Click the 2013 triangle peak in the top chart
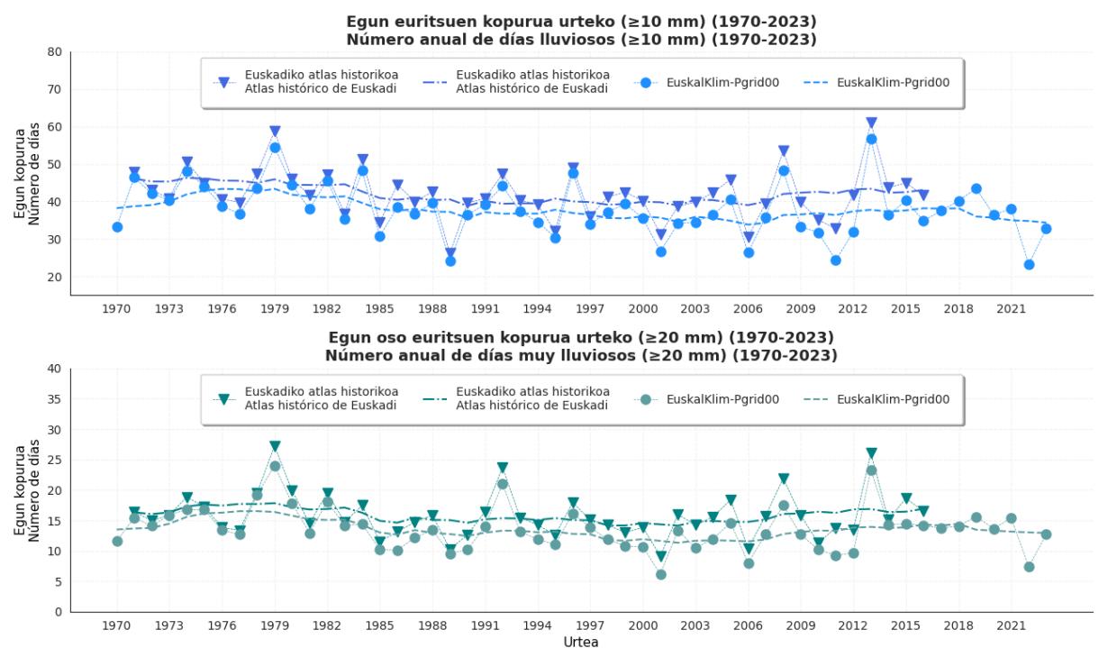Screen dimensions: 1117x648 coord(872,123)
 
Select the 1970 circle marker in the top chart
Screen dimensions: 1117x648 coord(117,227)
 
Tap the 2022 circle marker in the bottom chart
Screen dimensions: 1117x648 coord(1029,567)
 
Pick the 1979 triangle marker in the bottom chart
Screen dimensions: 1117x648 coord(275,446)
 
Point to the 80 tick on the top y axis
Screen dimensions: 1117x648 coord(55,52)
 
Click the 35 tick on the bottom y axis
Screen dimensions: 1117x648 coord(55,399)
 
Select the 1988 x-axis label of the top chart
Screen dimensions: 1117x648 coord(432,309)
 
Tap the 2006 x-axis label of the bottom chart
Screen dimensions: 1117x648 coord(748,625)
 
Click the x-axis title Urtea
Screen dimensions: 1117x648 coord(581,642)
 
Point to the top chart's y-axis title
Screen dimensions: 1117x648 coord(26,174)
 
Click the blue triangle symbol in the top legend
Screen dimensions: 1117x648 coord(224,83)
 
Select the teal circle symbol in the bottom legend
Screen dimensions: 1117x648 coord(646,399)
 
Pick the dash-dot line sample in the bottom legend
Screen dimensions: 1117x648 coord(435,399)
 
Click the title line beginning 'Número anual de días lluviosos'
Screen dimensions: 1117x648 coord(581,40)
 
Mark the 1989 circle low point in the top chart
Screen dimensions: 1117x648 coord(450,260)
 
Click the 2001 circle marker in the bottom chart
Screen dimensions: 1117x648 coord(660,574)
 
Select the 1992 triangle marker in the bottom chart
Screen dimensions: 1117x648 coord(503,468)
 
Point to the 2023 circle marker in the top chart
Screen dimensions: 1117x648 coord(1046,229)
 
